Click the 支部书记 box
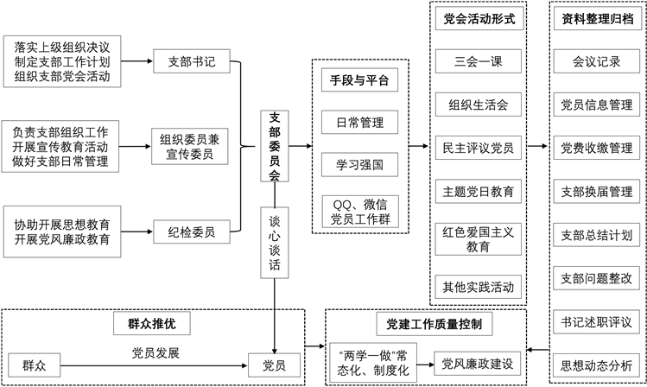pos(192,61)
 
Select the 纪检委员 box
pos(192,232)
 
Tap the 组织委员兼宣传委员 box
pos(190,147)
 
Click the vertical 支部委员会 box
pos(275,146)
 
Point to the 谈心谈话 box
pos(275,243)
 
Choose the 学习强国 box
pos(360,165)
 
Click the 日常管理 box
pos(360,122)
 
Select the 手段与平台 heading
pos(360,79)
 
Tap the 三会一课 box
pos(479,61)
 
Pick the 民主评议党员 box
pos(479,148)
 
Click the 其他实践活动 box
pos(479,287)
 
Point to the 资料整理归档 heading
pos(597,18)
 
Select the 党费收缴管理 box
pos(597,148)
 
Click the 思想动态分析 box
pos(597,365)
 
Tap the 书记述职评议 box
pos(597,322)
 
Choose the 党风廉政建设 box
pos(478,364)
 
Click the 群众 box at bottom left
pos(35,365)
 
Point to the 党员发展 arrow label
pos(155,353)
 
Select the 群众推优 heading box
pos(152,323)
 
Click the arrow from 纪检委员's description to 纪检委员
pos(137,232)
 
